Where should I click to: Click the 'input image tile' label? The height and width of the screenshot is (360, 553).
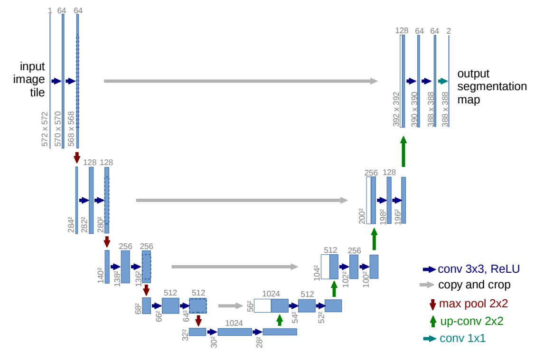point(29,79)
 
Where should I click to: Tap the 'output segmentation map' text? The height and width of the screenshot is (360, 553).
point(492,86)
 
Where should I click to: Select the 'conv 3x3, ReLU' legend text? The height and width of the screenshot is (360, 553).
point(478,269)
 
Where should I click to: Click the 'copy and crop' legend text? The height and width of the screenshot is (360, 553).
point(474,285)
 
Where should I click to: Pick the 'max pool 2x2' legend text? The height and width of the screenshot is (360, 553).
point(473,303)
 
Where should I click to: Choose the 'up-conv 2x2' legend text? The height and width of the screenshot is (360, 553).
point(471,321)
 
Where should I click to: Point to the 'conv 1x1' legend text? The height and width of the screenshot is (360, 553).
point(462,338)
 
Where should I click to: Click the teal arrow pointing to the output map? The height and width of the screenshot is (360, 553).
point(443,81)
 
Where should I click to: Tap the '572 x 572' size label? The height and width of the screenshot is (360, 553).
point(45,129)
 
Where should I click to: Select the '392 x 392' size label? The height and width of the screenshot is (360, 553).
point(396,109)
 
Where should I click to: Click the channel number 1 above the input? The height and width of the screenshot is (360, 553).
point(50,10)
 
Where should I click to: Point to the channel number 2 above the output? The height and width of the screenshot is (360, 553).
point(449,31)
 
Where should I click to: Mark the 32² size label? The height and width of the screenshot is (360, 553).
point(185,335)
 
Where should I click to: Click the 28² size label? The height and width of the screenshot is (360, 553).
point(260,342)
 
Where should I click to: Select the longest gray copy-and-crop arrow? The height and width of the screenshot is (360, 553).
point(241,81)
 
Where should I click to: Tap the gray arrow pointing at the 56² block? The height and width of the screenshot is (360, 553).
point(231,306)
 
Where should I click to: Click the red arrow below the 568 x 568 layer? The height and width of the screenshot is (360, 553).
point(77,158)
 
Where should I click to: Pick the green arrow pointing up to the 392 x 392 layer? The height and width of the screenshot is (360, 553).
point(403,151)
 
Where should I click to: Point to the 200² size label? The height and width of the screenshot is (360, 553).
point(362,216)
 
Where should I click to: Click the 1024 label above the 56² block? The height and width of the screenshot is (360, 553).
point(271,294)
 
